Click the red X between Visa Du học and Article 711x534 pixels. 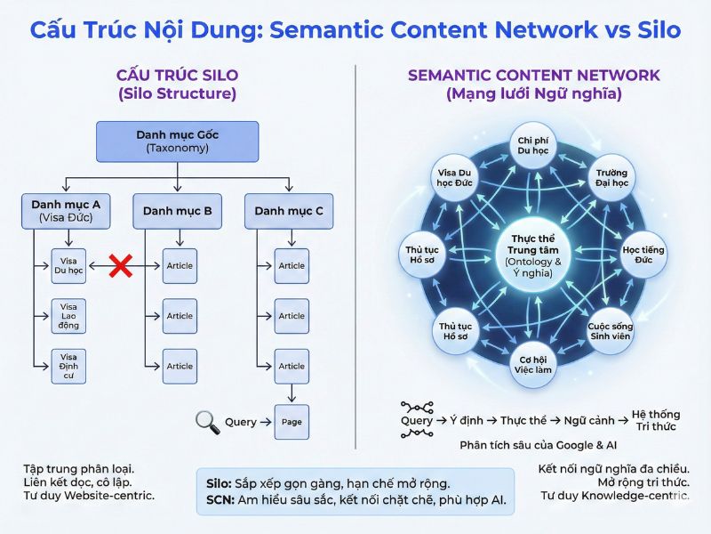[x=121, y=265]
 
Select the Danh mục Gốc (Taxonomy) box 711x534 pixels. [x=177, y=142]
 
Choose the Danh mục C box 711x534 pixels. [x=289, y=212]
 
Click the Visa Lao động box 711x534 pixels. [x=68, y=316]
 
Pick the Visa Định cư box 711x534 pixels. [x=68, y=366]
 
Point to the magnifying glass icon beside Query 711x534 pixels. [x=207, y=422]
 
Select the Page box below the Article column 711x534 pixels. [x=292, y=422]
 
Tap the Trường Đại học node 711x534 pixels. [x=611, y=178]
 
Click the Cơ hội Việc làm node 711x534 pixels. [x=534, y=364]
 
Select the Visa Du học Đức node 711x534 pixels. [x=457, y=178]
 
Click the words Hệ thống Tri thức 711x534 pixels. [x=655, y=420]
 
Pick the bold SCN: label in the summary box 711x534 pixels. [x=219, y=500]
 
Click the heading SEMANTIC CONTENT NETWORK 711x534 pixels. [x=533, y=75]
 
